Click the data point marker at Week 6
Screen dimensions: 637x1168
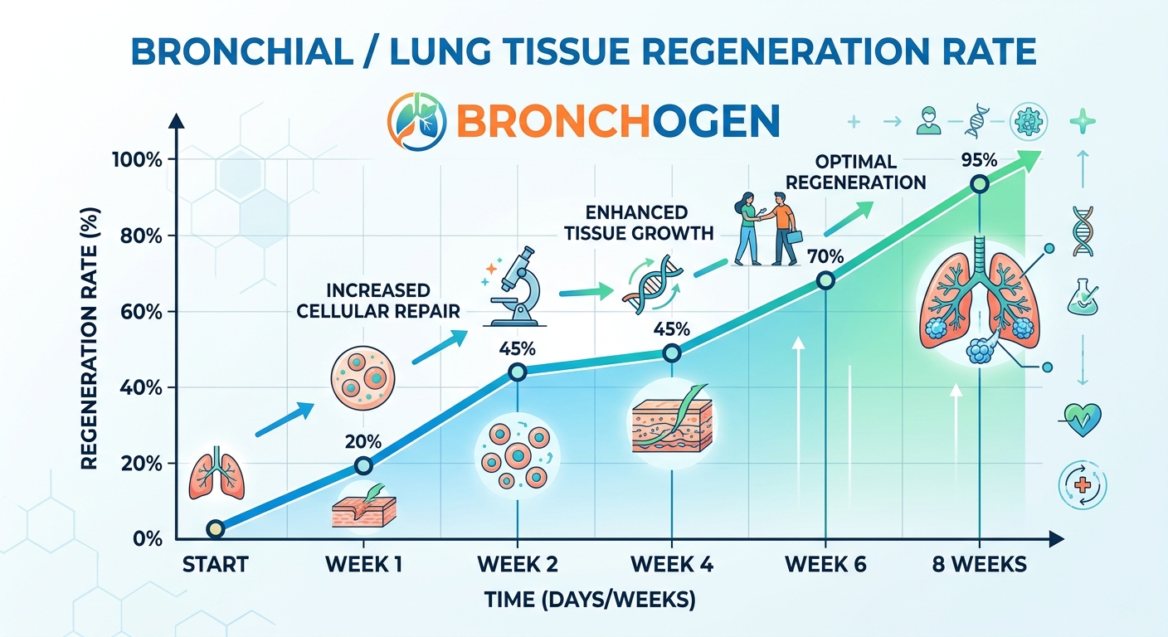point(826,280)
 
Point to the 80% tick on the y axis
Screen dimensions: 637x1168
point(138,236)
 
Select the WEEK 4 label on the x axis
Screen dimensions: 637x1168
point(672,565)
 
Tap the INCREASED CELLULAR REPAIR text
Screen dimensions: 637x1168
point(377,301)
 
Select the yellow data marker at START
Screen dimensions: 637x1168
point(215,529)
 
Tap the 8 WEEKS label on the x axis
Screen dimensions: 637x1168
point(979,565)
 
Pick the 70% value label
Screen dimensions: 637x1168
point(825,257)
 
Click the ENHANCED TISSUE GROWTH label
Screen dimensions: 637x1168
point(638,222)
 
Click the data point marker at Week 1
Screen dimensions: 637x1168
point(363,465)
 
